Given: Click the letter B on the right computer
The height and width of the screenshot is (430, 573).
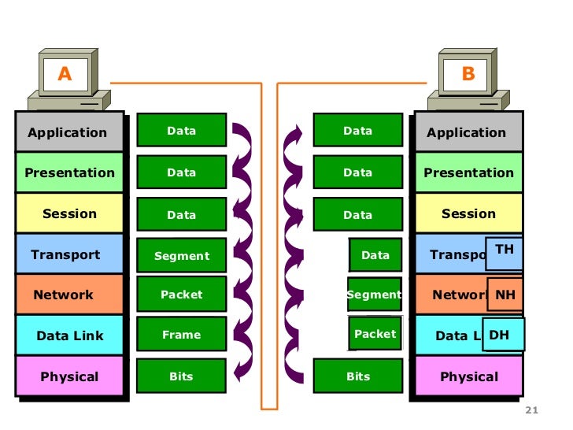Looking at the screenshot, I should click(x=468, y=74).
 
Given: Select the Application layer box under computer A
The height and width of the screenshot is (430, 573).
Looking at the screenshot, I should click(x=68, y=132).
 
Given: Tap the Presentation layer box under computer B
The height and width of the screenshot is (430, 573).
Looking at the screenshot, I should click(x=468, y=172).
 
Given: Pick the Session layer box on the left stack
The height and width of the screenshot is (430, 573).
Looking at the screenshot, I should click(x=68, y=213).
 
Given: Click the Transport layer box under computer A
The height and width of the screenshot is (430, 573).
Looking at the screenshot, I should click(x=68, y=254).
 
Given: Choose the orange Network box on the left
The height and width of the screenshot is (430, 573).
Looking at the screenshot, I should click(x=68, y=295).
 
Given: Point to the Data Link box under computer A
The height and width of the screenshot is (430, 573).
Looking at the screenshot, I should click(x=68, y=335).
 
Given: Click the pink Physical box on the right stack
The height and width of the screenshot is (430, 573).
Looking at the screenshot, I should click(x=468, y=376).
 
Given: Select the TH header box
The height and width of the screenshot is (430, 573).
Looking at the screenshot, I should click(x=504, y=250).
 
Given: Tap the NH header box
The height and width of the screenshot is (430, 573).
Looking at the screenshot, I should click(x=505, y=295).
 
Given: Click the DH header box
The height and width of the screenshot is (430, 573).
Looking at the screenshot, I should click(x=501, y=335).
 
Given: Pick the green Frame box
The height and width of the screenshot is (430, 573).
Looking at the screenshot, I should click(x=182, y=335).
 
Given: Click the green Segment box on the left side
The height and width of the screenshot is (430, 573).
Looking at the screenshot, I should click(x=182, y=255).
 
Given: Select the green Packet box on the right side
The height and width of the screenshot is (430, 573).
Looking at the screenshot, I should click(x=375, y=334).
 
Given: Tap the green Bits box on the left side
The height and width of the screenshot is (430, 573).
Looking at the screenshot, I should click(x=182, y=376).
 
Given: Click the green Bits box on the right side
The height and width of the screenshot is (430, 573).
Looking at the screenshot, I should click(x=358, y=376).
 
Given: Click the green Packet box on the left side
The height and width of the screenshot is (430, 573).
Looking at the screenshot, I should click(x=182, y=294).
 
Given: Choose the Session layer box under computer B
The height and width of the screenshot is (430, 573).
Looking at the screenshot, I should click(x=468, y=213).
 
